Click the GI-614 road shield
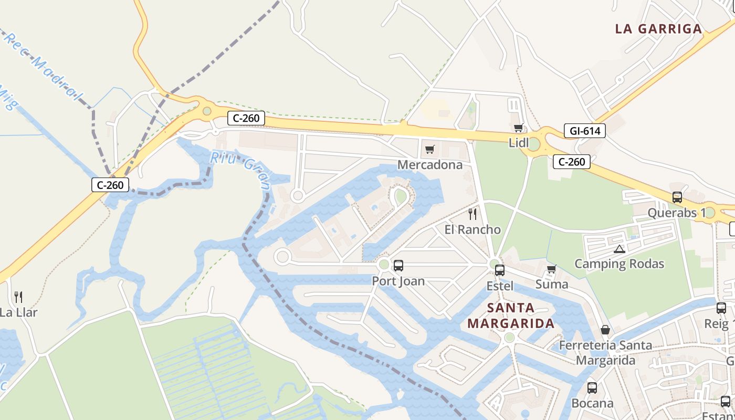[x=585, y=131]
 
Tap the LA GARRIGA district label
[x=658, y=29]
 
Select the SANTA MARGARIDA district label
[x=511, y=316]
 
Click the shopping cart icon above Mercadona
[x=430, y=150]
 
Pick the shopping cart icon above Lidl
[x=519, y=128]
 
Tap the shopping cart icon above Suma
[x=551, y=269]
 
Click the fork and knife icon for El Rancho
[x=472, y=214]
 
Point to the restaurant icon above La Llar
[x=18, y=297]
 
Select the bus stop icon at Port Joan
[x=398, y=266]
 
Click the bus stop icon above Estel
[x=500, y=270]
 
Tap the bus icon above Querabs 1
[x=677, y=197]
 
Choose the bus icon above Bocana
[x=592, y=388]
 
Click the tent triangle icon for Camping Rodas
[x=619, y=249]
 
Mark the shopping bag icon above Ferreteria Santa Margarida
[x=605, y=330]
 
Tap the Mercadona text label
[x=430, y=165]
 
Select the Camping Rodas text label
[x=619, y=264]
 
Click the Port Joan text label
[x=398, y=281]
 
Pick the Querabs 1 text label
[x=677, y=213]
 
